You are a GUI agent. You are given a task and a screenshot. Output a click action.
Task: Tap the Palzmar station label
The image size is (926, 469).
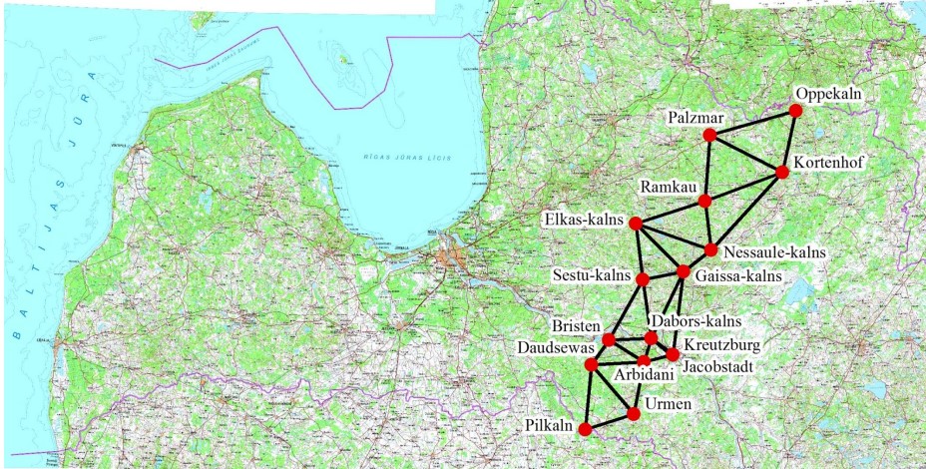pyautogui.click(x=695, y=119)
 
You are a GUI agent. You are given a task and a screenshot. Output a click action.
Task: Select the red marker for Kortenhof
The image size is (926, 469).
pyautogui.click(x=782, y=172)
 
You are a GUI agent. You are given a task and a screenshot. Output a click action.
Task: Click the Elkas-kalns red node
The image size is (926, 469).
pyautogui.click(x=636, y=223)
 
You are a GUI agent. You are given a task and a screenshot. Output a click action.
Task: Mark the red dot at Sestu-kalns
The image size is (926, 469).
pyautogui.click(x=643, y=278)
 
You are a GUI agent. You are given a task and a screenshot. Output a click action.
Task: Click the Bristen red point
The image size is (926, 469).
pyautogui.click(x=609, y=340)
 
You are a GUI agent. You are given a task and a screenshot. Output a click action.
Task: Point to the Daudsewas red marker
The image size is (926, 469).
pyautogui.click(x=591, y=364)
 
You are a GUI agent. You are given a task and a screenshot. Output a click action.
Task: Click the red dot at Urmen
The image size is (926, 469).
pyautogui.click(x=633, y=413)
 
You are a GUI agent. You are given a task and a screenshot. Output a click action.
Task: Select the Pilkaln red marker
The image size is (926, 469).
pyautogui.click(x=585, y=429)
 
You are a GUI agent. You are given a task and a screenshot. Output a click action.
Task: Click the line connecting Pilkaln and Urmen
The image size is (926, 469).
pyautogui.click(x=609, y=421)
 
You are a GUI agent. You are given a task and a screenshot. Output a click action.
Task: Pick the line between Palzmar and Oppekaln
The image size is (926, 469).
pyautogui.click(x=752, y=123)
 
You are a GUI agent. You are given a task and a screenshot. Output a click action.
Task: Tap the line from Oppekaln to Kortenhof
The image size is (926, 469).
pyautogui.click(x=789, y=141)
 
